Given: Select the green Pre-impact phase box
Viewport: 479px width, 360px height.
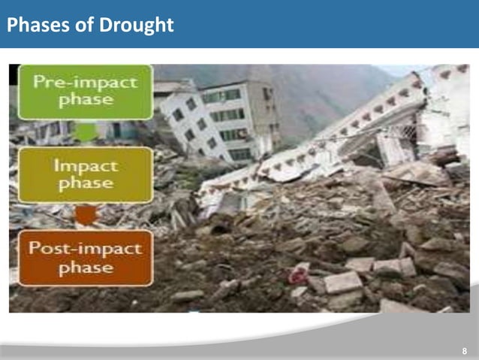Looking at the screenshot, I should click(x=85, y=92).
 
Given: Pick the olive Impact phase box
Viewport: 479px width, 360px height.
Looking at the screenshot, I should click(x=85, y=175).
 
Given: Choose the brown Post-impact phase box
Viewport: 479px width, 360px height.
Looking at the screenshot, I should click(x=85, y=259).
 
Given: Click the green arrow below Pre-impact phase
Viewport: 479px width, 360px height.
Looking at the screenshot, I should click(x=85, y=134).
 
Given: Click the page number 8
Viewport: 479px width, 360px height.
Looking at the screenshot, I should click(x=465, y=351).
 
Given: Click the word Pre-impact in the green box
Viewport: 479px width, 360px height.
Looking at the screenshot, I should click(x=85, y=82).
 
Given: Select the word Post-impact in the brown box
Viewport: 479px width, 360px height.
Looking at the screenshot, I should click(x=85, y=249).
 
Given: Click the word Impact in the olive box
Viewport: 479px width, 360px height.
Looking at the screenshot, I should click(x=85, y=165).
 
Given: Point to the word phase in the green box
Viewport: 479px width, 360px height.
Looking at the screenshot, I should click(x=85, y=101).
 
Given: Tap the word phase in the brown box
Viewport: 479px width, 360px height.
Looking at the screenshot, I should click(x=85, y=268).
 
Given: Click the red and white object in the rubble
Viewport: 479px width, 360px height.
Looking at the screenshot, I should click(x=299, y=273).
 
